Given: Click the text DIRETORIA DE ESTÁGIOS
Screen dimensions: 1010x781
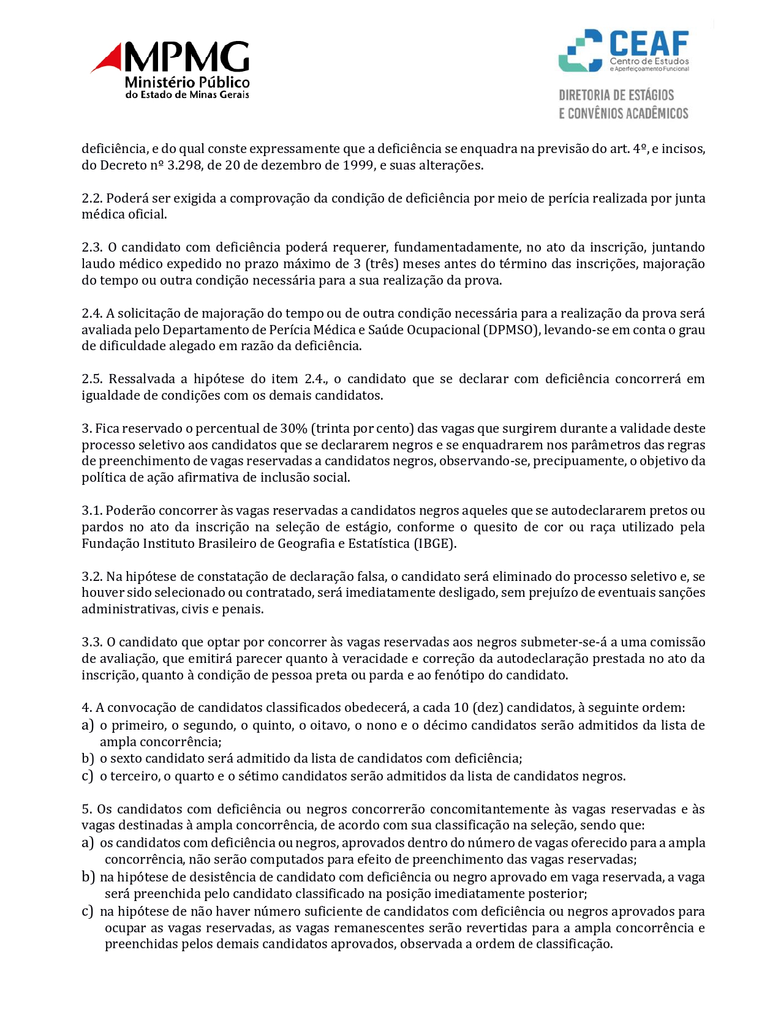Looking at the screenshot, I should pyautogui.click(x=616, y=95).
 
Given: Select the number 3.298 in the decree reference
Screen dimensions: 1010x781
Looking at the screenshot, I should pyautogui.click(x=186, y=165).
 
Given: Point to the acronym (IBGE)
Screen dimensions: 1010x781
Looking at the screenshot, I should pyautogui.click(x=435, y=544).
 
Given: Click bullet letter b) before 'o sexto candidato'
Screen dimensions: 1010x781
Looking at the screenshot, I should pyautogui.click(x=88, y=758).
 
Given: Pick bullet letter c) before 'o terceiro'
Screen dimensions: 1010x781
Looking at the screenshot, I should pyautogui.click(x=88, y=776).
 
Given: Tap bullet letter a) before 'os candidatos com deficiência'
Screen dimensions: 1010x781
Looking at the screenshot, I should pyautogui.click(x=88, y=843).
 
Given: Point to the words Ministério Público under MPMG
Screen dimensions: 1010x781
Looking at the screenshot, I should pyautogui.click(x=187, y=82).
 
